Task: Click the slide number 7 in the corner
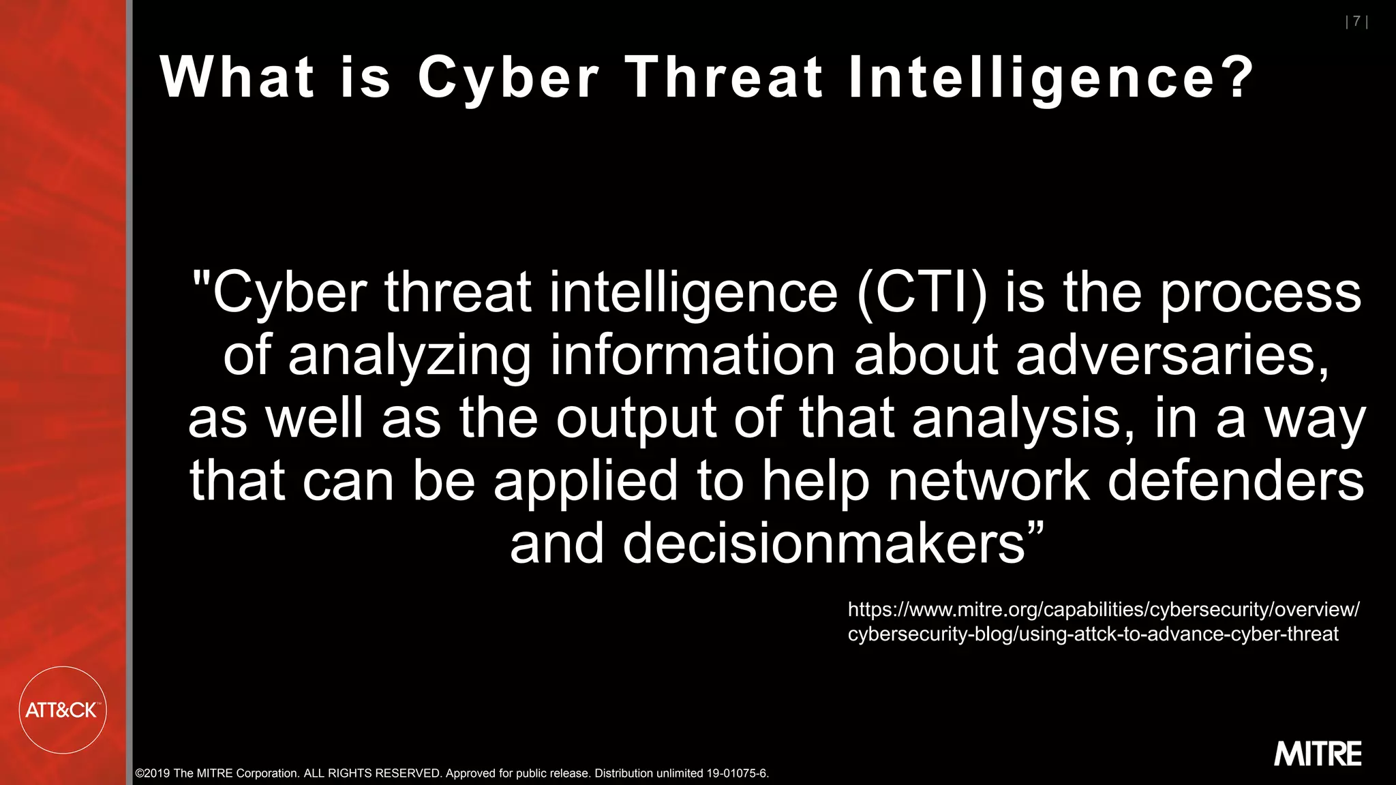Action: (1356, 22)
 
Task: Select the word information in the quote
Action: (693, 355)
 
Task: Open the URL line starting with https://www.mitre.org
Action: (1104, 609)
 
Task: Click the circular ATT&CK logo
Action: (63, 710)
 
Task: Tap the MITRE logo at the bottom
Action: (1318, 754)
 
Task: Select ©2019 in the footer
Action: (153, 773)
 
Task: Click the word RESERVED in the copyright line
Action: (408, 773)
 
